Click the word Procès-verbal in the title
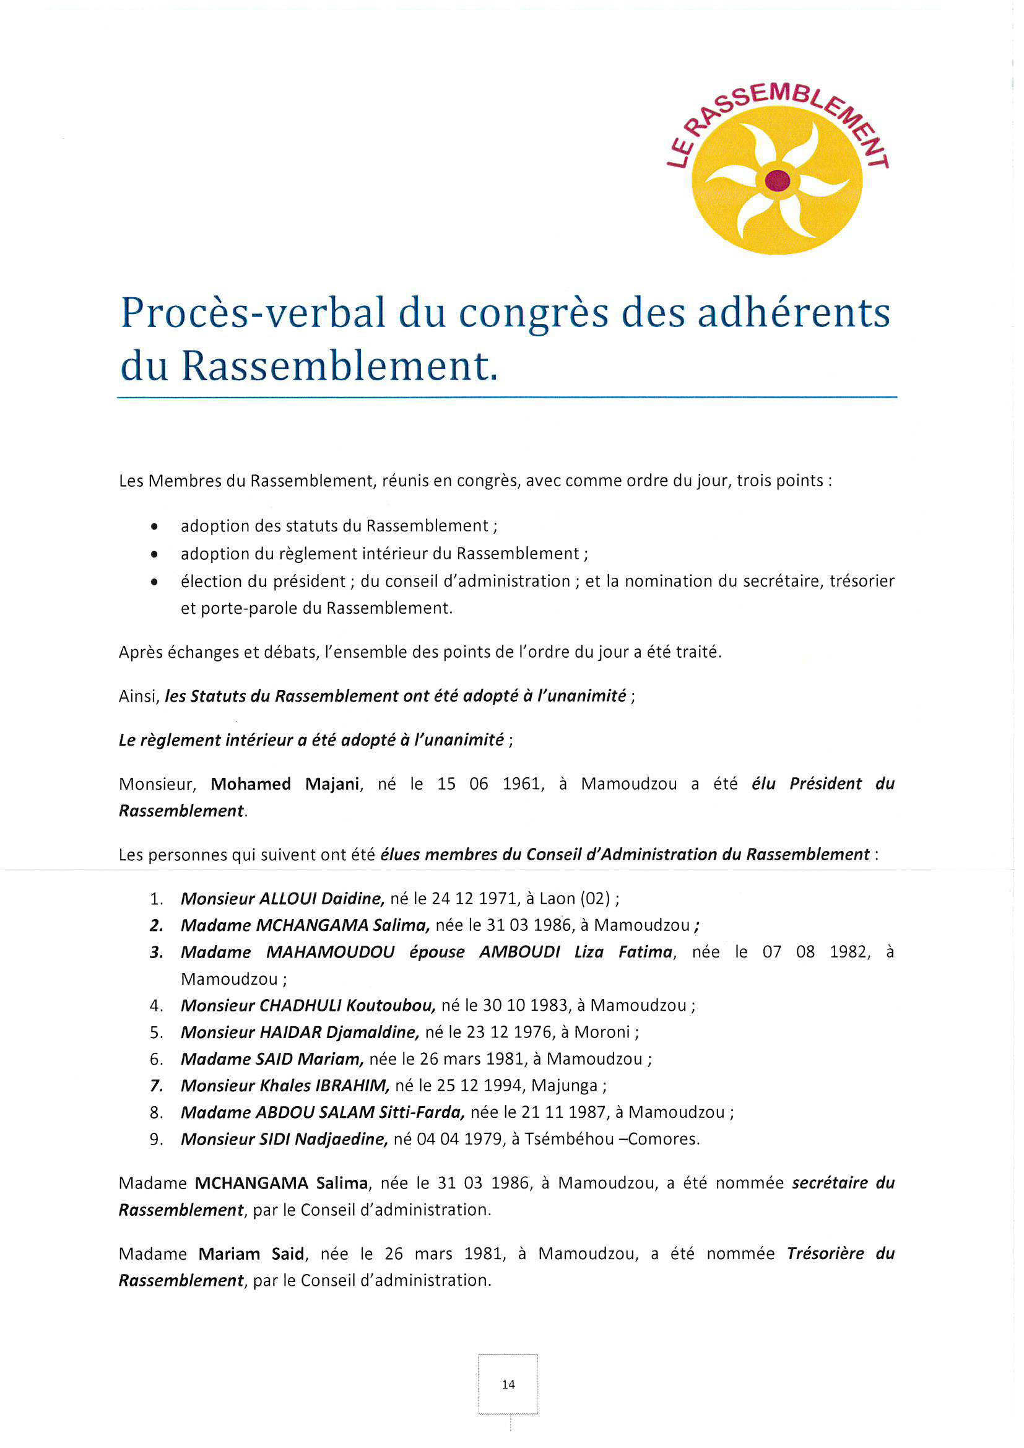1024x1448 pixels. tap(252, 313)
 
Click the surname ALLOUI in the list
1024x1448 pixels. tap(287, 899)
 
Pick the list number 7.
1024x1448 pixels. tap(157, 1086)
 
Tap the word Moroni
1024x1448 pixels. tap(602, 1032)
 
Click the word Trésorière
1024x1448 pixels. tap(825, 1254)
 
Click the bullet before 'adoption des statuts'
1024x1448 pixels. tap(155, 526)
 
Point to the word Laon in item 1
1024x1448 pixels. tap(557, 899)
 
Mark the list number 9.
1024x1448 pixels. tap(157, 1139)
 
